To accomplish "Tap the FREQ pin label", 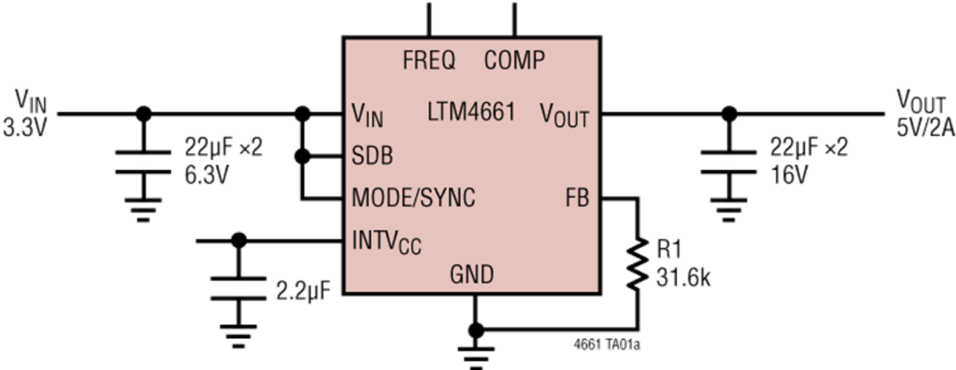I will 429,60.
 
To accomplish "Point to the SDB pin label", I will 372,157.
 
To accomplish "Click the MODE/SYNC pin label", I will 413,198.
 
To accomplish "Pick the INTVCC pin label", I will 387,240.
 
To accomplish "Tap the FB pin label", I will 577,198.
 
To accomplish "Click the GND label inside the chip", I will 472,275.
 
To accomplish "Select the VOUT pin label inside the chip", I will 564,115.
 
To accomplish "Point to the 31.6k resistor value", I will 684,278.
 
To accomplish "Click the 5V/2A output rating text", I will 925,129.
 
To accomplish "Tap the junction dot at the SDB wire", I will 302,157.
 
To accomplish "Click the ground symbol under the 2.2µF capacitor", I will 237,338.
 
